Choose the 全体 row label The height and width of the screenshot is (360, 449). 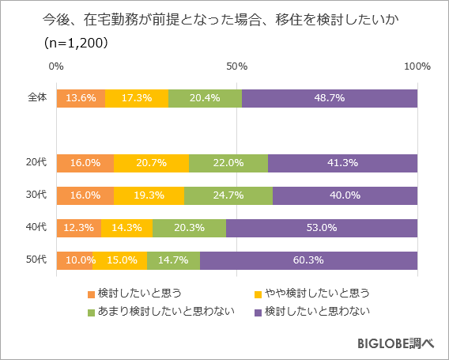tap(37, 98)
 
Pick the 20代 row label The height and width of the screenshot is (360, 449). tap(37, 163)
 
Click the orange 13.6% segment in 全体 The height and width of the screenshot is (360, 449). tap(81, 98)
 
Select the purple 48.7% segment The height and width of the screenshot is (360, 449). tap(330, 98)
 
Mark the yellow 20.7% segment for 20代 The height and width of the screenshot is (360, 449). tap(151, 163)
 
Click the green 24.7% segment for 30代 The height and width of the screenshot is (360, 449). tap(228, 195)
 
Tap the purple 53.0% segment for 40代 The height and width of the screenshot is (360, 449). tap(322, 228)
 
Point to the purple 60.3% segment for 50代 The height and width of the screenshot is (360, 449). tap(308, 260)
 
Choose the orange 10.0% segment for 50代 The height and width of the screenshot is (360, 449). tap(74, 260)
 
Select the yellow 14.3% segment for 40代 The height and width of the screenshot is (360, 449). tap(126, 228)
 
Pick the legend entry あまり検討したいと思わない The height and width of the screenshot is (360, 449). tap(165, 311)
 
